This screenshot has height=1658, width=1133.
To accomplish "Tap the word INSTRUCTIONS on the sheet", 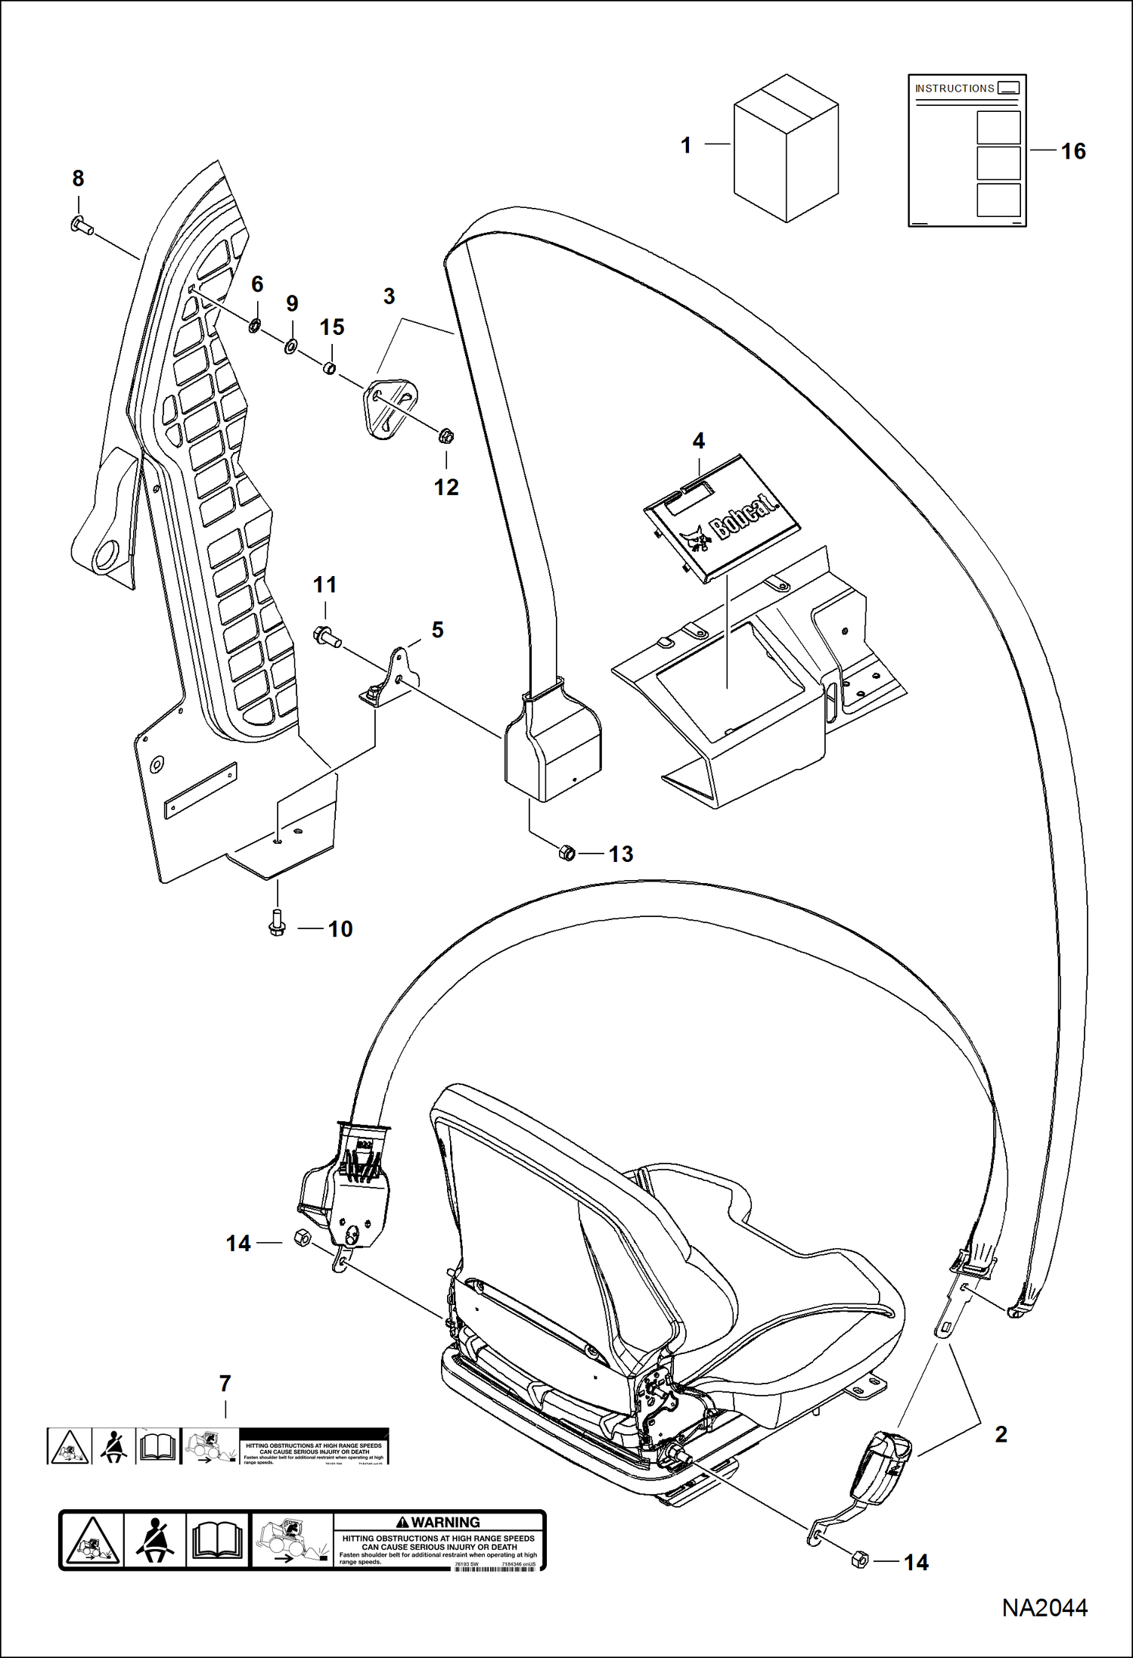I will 955,88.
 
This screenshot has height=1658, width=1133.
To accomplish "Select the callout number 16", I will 1072,151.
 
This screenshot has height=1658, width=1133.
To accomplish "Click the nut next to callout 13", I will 566,854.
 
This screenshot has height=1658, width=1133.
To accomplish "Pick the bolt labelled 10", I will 277,928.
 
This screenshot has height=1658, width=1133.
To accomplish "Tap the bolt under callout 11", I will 326,637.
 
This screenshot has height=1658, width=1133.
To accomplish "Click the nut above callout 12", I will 445,436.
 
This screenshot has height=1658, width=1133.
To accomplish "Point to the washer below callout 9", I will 291,349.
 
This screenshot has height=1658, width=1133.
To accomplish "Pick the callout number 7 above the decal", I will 225,1384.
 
